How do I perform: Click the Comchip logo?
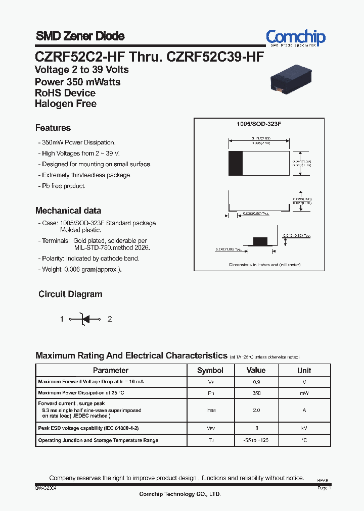pos(296,37)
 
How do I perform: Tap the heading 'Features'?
pos(53,128)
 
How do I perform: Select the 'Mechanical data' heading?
pos(68,211)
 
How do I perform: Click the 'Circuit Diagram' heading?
pos(70,294)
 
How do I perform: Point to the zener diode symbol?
pos(85,319)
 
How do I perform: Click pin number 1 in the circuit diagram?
pos(62,319)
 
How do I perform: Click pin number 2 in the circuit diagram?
pos(110,319)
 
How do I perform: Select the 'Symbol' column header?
pos(210,371)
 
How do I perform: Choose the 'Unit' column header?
pos(304,371)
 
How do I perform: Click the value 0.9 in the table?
pos(256,382)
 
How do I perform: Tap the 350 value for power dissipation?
pos(256,393)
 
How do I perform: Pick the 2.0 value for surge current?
pos(256,410)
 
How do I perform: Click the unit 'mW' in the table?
pos(304,393)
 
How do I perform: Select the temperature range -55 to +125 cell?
pos(256,440)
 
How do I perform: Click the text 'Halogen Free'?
pos(66,104)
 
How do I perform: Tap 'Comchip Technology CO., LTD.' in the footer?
pos(180,494)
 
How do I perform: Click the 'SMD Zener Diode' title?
pos(80,36)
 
